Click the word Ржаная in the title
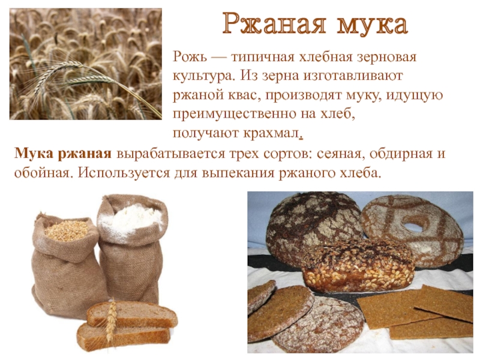274,23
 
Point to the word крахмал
271,133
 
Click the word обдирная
399,154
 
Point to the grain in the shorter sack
67,230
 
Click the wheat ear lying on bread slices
112,322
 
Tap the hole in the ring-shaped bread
413,227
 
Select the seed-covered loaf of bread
358,266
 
